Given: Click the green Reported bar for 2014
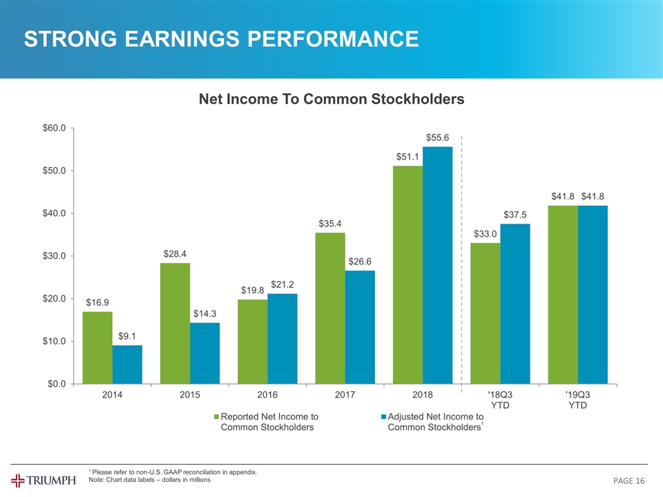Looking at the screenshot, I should tap(97, 347).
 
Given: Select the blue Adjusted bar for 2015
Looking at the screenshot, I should tap(204, 353).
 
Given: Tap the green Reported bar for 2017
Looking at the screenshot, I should tap(330, 308).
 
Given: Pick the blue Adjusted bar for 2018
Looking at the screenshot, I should tap(437, 265).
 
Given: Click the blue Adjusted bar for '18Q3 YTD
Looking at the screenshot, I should tap(515, 304).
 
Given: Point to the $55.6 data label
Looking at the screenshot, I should tap(438, 138).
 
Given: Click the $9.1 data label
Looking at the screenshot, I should tap(127, 336).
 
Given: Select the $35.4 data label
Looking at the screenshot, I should tap(330, 224).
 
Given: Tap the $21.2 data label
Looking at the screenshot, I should tap(282, 284).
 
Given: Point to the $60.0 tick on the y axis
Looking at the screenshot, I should tap(54, 128).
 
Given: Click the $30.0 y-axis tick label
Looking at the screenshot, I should tap(54, 256).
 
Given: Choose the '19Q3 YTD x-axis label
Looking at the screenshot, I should tap(577, 400).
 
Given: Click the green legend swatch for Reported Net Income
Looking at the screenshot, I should tap(216, 417).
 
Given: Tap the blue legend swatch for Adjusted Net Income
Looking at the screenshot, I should tap(384, 417).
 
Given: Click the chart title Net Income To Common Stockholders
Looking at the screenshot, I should tap(331, 99).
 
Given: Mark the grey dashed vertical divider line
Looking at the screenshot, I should tap(461, 262).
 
